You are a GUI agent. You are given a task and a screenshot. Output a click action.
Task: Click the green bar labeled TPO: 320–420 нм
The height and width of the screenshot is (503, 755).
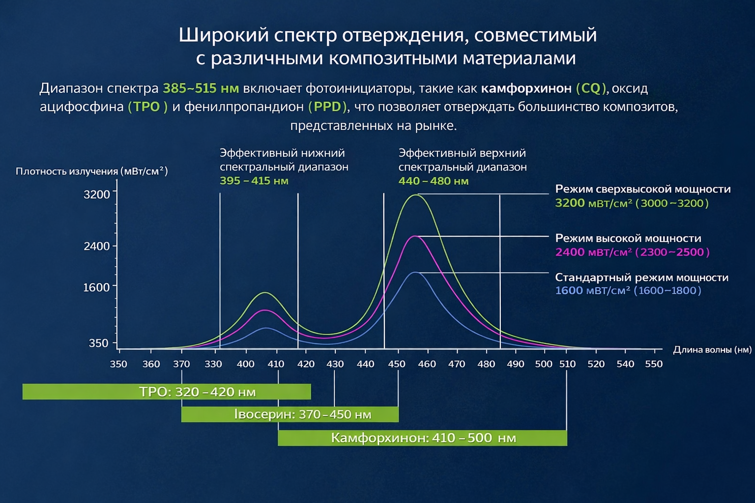tap(167, 391)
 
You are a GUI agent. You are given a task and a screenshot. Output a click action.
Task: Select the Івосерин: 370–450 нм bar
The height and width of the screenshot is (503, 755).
tap(290, 414)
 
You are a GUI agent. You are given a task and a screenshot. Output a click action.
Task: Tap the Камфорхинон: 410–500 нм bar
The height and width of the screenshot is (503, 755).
tap(422, 438)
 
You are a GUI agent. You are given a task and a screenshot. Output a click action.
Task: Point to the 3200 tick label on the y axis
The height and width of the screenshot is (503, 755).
tap(97, 195)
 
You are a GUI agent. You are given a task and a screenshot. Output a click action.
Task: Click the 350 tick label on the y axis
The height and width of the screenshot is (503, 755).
tap(98, 343)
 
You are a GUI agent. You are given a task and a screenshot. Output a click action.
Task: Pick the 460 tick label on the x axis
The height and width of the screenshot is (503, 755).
tap(427, 364)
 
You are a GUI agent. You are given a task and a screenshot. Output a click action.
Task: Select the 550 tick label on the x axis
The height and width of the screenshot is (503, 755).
tap(653, 364)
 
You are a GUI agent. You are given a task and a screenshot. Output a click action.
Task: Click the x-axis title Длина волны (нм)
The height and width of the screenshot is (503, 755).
tap(712, 350)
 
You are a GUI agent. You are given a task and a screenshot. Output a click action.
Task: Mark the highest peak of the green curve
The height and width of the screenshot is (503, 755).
tap(416, 195)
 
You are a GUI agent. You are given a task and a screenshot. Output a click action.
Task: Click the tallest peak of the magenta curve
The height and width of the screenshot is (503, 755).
tap(416, 236)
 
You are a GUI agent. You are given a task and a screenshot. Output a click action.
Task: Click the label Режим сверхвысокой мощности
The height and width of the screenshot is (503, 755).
tap(642, 189)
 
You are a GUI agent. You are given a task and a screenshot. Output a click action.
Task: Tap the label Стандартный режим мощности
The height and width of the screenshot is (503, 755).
tap(641, 278)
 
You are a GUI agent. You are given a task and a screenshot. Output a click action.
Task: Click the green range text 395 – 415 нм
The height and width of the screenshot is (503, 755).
tap(254, 181)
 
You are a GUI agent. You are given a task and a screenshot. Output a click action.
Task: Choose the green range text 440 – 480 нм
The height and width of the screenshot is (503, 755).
tap(433, 181)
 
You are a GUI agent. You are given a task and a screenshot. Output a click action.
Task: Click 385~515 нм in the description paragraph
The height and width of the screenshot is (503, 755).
tap(201, 88)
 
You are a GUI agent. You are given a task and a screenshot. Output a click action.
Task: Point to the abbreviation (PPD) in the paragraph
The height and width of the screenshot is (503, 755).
tap(327, 107)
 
